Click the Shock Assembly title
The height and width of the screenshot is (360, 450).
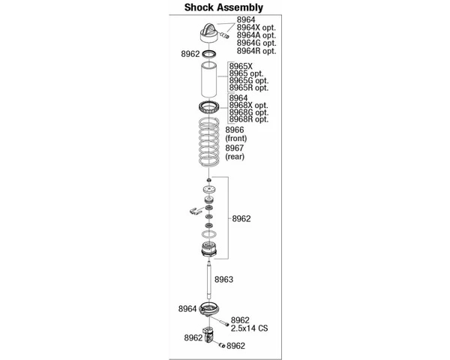click(223, 7)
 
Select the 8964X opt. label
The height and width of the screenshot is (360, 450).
click(256, 28)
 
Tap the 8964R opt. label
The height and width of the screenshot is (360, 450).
click(256, 51)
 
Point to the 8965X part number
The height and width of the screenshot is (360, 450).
click(241, 67)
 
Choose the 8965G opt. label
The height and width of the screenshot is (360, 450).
click(248, 81)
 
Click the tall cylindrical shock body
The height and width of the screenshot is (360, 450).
click(209, 79)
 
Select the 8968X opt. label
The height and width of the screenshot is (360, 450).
click(248, 105)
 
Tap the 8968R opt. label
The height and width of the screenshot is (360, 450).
click(248, 119)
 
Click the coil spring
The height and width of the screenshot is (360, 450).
click(209, 142)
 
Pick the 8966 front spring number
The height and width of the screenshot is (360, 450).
click(235, 130)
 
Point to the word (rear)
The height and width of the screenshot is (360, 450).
click(235, 157)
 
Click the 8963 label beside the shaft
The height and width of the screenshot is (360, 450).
click(223, 279)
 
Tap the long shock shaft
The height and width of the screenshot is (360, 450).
click(209, 278)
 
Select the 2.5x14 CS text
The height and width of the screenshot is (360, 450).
click(250, 328)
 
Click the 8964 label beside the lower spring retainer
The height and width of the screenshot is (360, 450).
click(187, 309)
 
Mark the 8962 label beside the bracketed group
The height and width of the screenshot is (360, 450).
click(241, 219)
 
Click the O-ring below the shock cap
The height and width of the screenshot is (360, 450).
click(209, 54)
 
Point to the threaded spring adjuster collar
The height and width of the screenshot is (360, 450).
click(209, 108)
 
